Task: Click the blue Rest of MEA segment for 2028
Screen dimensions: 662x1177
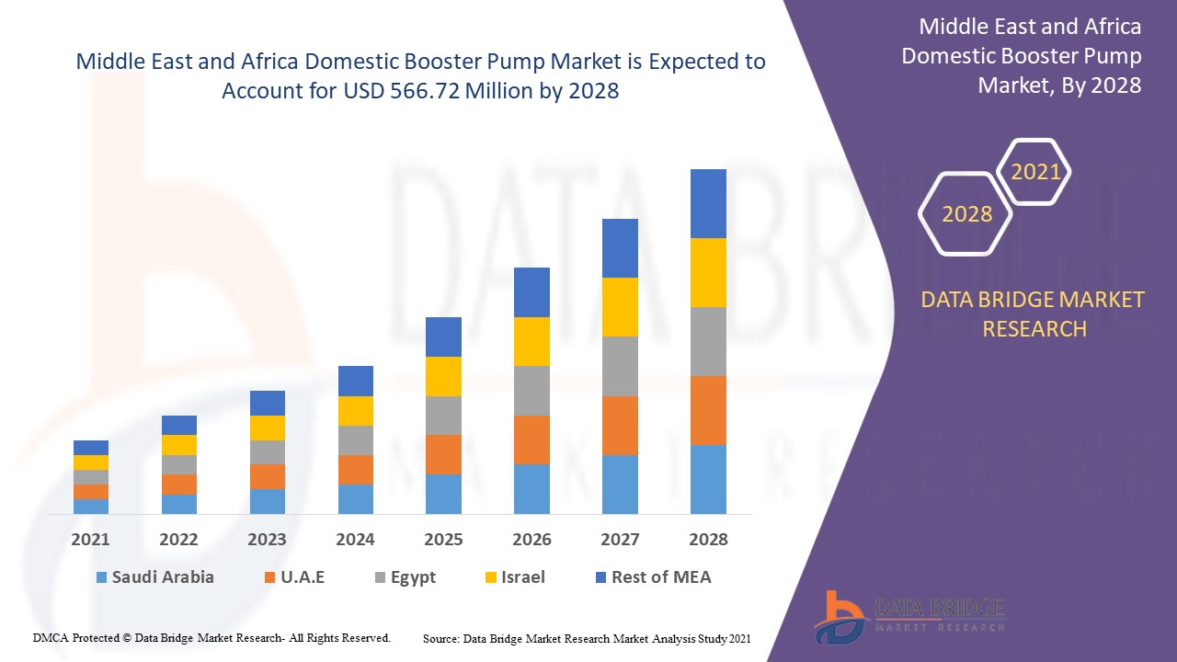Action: (708, 203)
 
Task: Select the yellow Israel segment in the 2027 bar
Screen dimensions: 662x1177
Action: (620, 307)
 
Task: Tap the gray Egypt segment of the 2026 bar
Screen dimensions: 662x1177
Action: (531, 391)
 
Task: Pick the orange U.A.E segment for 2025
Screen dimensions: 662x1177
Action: (443, 454)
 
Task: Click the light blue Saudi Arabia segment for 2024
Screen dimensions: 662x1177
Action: (356, 498)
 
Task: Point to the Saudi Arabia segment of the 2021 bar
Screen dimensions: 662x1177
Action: (91, 506)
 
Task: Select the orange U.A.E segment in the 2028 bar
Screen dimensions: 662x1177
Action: (708, 410)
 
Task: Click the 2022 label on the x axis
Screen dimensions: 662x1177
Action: (178, 540)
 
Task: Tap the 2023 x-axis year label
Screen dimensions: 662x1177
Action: (267, 540)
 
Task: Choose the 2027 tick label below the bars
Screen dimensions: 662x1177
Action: (620, 540)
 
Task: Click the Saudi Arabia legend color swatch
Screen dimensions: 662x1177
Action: (101, 578)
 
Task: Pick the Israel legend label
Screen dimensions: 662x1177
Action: (522, 577)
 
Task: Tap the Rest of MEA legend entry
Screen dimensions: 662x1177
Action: (660, 577)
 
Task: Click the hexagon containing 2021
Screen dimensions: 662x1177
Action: (1035, 172)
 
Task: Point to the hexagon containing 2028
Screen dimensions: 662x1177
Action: (966, 214)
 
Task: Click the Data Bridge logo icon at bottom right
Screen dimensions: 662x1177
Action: (838, 615)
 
